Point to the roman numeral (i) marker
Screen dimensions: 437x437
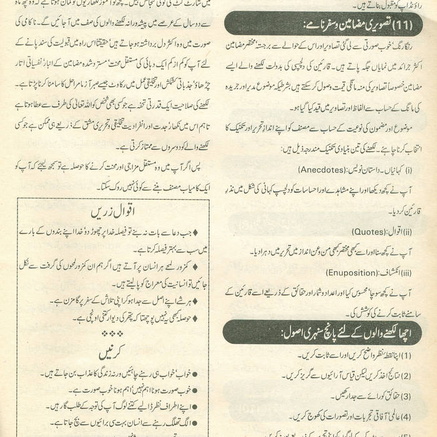coord(408,169)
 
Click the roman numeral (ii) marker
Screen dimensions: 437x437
coord(407,232)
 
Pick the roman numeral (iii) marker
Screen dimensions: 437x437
coord(406,272)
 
